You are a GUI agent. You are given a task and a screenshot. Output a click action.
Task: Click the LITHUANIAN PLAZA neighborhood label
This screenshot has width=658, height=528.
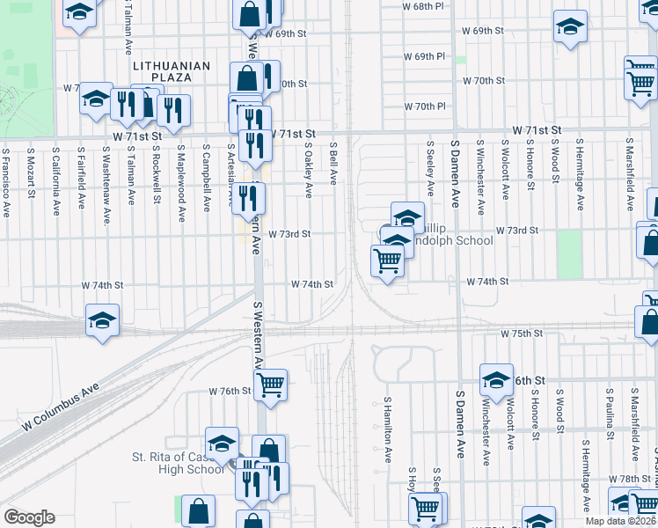click(x=172, y=71)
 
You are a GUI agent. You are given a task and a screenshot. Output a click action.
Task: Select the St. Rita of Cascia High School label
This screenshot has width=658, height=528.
click(x=179, y=463)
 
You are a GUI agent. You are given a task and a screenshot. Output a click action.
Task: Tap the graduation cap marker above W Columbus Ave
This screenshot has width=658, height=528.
click(x=102, y=321)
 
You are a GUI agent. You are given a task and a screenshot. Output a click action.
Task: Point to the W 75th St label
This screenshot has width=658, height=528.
click(x=522, y=334)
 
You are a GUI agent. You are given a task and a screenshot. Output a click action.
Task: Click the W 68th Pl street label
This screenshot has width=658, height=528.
click(x=422, y=6)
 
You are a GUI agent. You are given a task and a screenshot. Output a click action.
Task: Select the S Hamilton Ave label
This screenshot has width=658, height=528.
click(x=387, y=430)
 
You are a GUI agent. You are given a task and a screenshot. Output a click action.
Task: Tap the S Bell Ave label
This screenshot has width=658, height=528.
click(x=333, y=165)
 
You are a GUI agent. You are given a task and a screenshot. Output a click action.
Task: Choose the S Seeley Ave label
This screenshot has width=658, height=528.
click(x=430, y=168)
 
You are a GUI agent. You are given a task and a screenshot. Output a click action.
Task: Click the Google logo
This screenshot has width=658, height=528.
click(x=29, y=517)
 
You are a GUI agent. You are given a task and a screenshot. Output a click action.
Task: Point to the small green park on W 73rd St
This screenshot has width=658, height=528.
click(x=569, y=254)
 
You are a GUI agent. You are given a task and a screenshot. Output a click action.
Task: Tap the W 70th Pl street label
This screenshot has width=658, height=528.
click(x=425, y=106)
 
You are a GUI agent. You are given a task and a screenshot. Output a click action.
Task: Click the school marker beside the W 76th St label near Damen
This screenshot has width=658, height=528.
click(x=496, y=379)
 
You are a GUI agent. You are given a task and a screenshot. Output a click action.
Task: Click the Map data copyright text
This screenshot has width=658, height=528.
click(x=621, y=520)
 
